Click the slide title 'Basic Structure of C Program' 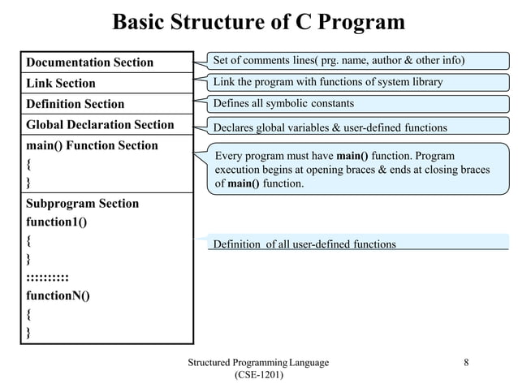[258, 22]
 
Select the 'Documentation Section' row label [89, 63]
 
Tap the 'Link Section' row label [61, 83]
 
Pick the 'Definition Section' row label [76, 104]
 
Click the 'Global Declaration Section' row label [100, 124]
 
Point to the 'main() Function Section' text [92, 145]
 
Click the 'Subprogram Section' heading [82, 203]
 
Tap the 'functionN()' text [58, 295]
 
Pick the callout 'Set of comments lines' [339, 60]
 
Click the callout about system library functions [328, 82]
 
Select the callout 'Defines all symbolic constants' [283, 104]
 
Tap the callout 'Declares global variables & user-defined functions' [330, 127]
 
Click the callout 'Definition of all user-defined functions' [304, 244]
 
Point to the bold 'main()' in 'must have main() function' [352, 156]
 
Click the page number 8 [466, 362]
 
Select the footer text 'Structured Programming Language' [258, 362]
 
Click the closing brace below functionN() [29, 332]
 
